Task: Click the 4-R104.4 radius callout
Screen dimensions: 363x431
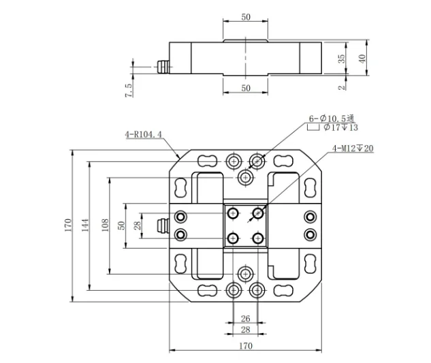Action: click(143, 134)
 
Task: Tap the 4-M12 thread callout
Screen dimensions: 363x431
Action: click(353, 148)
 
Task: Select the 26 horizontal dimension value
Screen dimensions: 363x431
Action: click(245, 318)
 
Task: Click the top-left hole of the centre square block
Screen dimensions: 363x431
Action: click(234, 213)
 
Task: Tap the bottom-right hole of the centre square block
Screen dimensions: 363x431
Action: click(257, 238)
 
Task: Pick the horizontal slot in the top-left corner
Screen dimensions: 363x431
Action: click(206, 161)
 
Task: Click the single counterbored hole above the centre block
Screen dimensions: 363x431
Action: click(246, 177)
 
